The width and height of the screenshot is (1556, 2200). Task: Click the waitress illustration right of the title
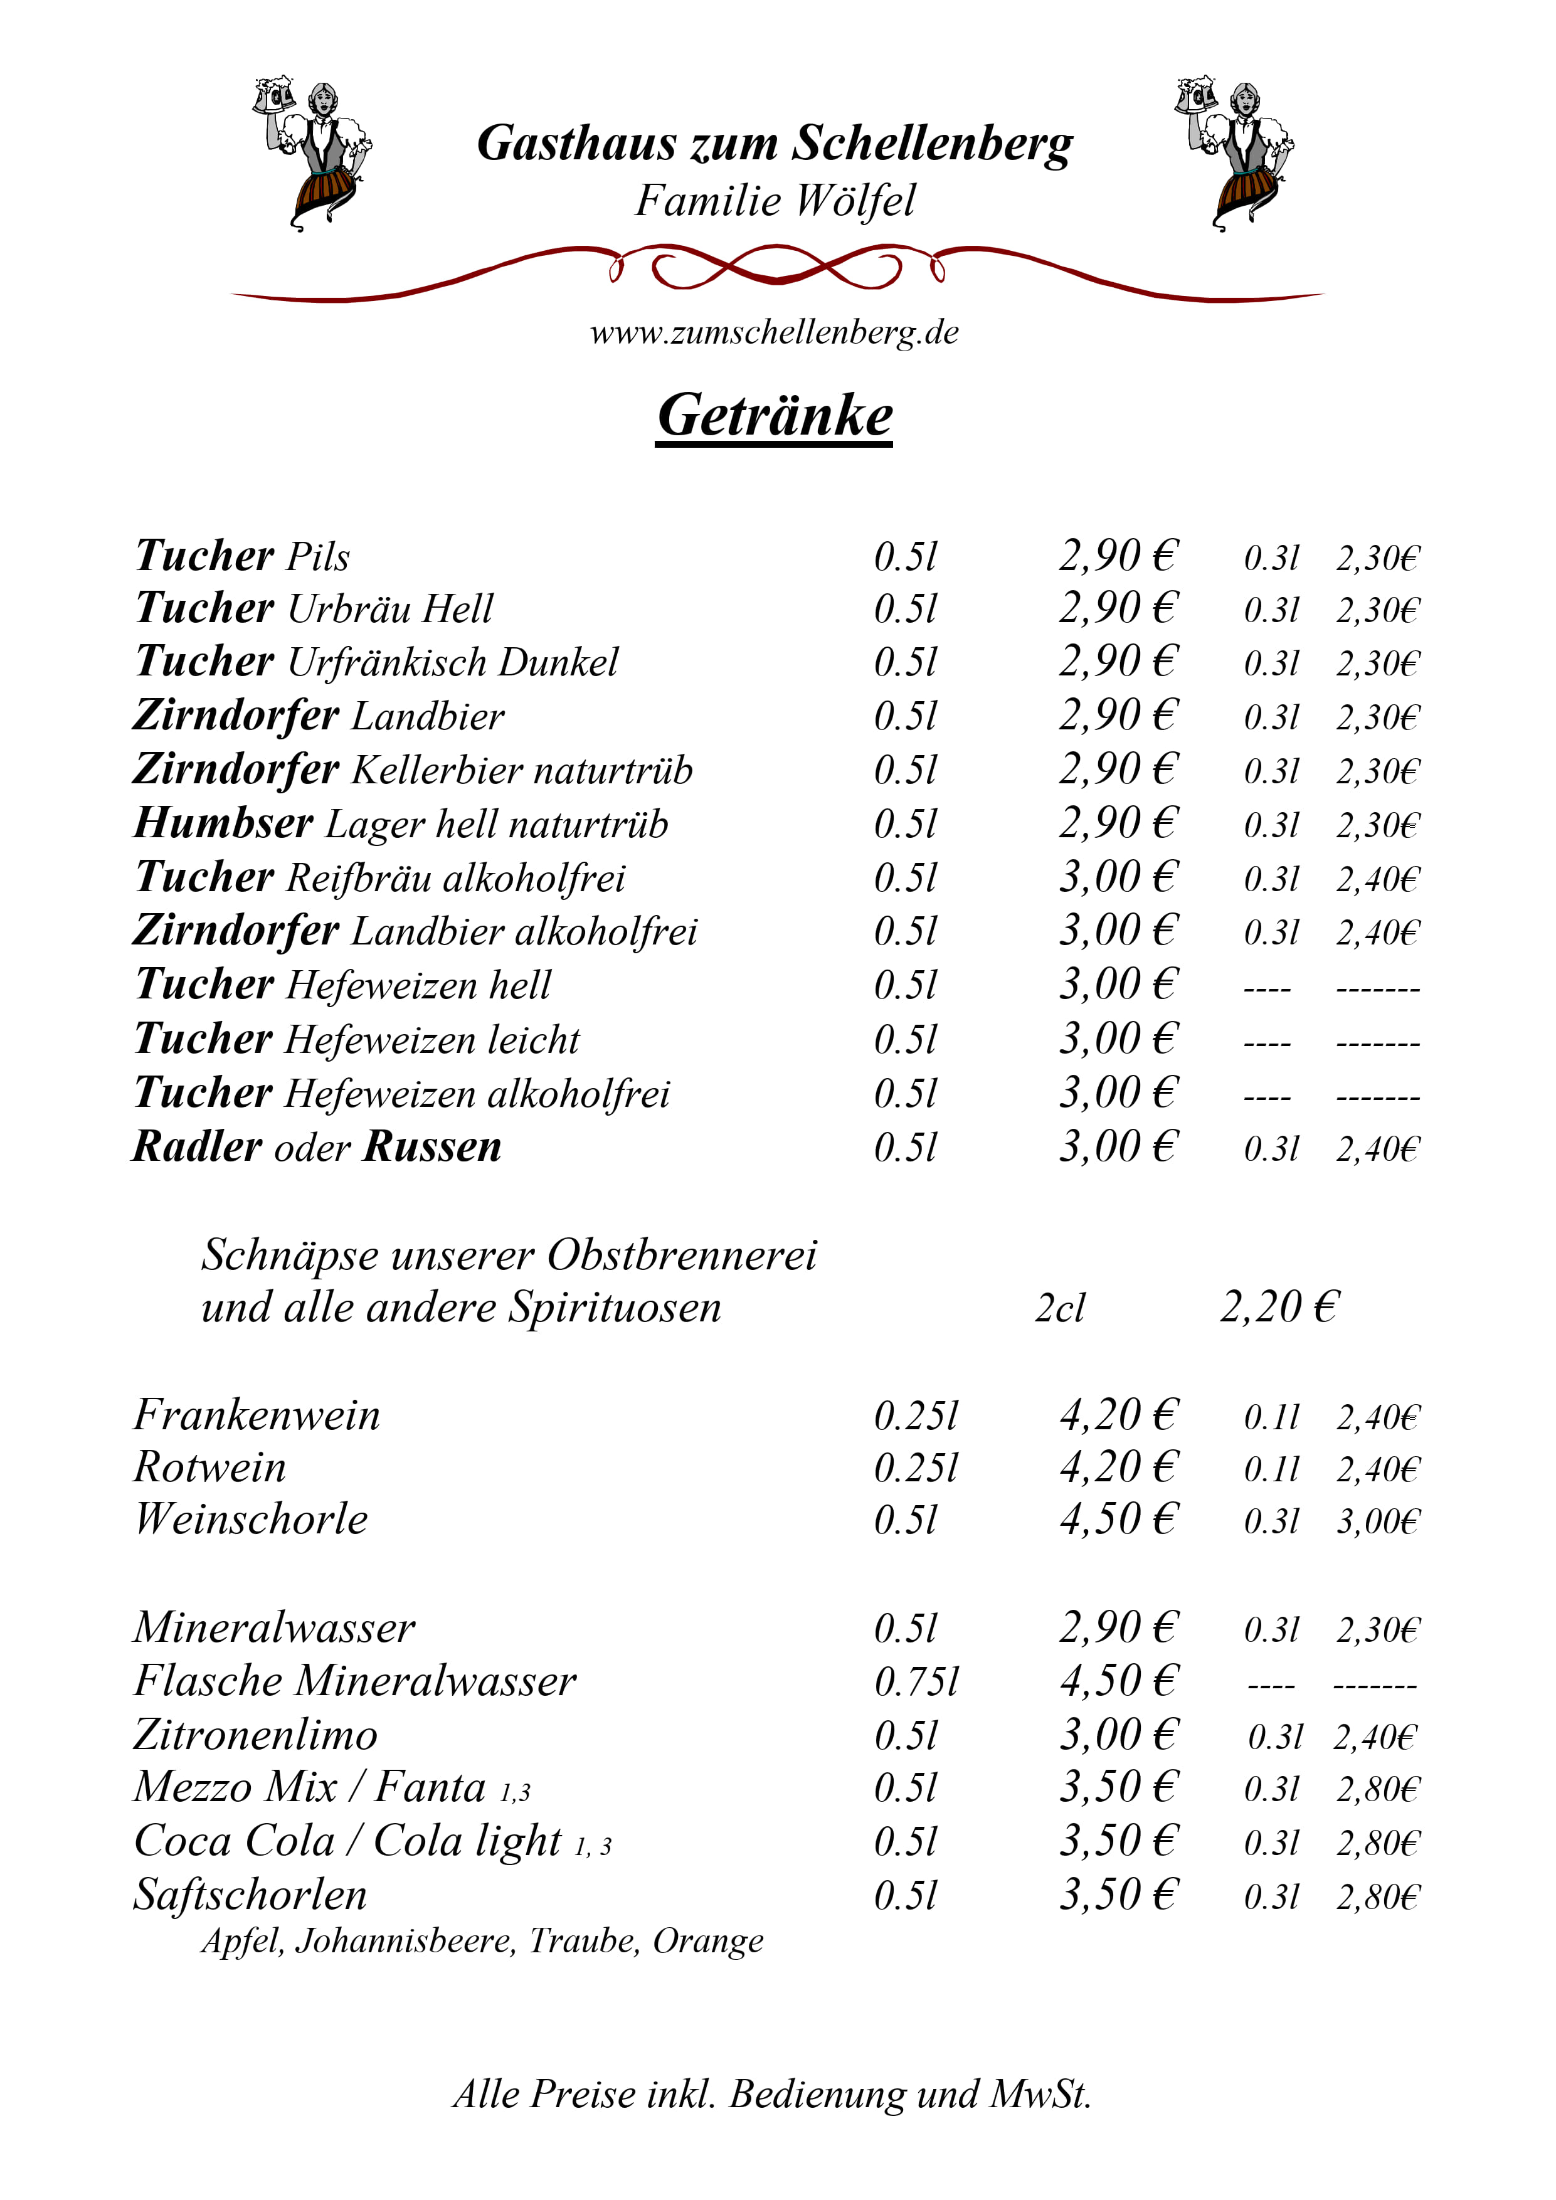(x=1236, y=153)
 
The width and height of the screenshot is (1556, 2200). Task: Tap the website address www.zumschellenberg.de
(x=774, y=332)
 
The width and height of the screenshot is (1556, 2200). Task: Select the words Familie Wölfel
(x=774, y=201)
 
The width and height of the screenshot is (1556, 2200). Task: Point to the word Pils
(x=319, y=558)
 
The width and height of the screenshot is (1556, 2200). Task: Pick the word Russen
(x=433, y=1147)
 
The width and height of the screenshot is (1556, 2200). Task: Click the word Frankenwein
(x=257, y=1416)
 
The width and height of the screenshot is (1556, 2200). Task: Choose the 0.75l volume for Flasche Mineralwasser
(x=916, y=1681)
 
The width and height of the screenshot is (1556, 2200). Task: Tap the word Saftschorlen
(x=250, y=1895)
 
